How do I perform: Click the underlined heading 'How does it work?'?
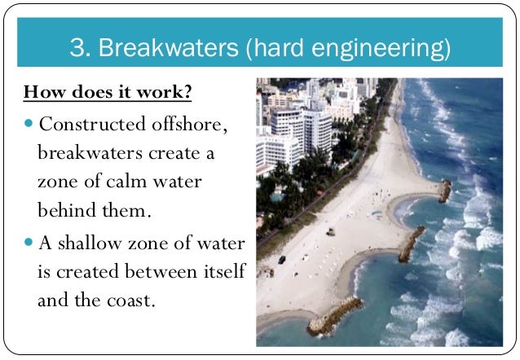click(x=108, y=91)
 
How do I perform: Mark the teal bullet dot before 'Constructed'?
click(x=30, y=125)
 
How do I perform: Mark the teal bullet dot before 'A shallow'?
click(x=30, y=244)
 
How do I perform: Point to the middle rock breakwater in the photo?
click(x=411, y=242)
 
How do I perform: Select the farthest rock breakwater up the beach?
click(x=444, y=191)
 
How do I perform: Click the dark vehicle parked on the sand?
click(x=282, y=259)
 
